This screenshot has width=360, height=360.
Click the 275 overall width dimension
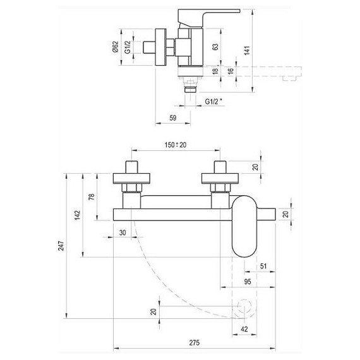coord(195,343)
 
